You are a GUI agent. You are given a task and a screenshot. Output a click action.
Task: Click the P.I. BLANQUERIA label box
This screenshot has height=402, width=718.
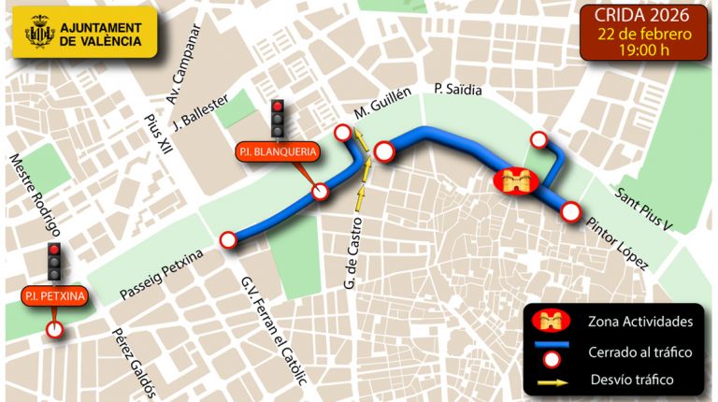279,151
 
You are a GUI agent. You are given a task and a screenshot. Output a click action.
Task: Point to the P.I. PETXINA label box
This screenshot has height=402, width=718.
54,297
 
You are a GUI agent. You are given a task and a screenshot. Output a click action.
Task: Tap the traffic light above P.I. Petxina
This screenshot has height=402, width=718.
54,262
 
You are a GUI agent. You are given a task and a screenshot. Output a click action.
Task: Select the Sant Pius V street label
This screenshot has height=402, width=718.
644,208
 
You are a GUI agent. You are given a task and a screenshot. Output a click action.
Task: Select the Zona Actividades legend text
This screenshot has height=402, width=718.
640,322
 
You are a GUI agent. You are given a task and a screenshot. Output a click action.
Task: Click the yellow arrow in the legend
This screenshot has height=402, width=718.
552,380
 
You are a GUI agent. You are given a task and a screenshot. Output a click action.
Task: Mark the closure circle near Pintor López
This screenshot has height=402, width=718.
572,213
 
